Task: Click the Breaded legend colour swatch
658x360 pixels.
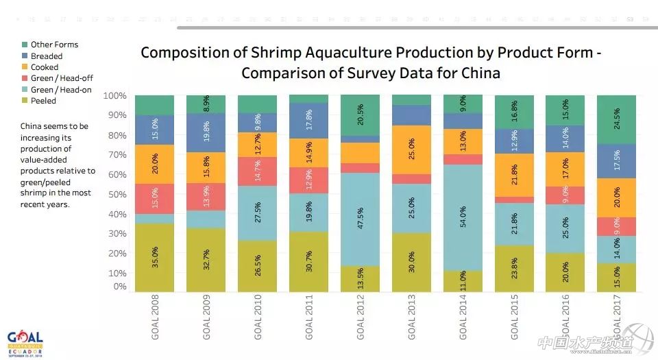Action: [24, 56]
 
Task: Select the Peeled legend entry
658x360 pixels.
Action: [43, 101]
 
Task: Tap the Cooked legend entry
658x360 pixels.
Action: [45, 67]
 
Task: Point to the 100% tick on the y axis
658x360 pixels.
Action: [114, 95]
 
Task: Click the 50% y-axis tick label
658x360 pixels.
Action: [117, 194]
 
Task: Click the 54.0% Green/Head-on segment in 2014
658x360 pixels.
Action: [463, 218]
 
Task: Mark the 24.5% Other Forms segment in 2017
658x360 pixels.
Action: [617, 119]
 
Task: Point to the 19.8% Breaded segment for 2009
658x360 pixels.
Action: [206, 133]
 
